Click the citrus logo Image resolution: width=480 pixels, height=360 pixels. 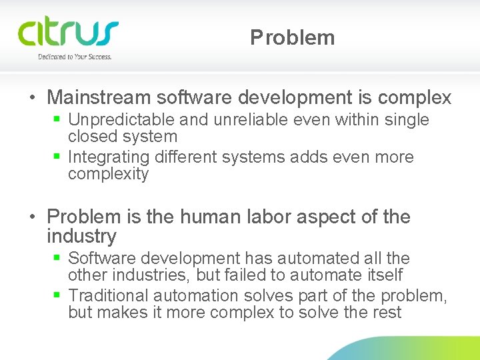click(68, 33)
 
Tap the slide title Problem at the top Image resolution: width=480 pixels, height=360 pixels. click(293, 38)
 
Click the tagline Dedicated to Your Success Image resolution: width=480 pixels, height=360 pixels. click(75, 57)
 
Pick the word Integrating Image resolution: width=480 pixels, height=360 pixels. click(109, 157)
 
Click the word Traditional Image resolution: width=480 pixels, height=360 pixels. click(109, 295)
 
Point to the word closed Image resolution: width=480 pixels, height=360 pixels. click(89, 137)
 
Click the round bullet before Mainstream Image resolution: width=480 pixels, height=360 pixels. click(32, 99)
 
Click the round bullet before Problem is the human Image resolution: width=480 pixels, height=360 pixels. click(32, 217)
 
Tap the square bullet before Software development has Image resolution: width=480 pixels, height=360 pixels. click(57, 258)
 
